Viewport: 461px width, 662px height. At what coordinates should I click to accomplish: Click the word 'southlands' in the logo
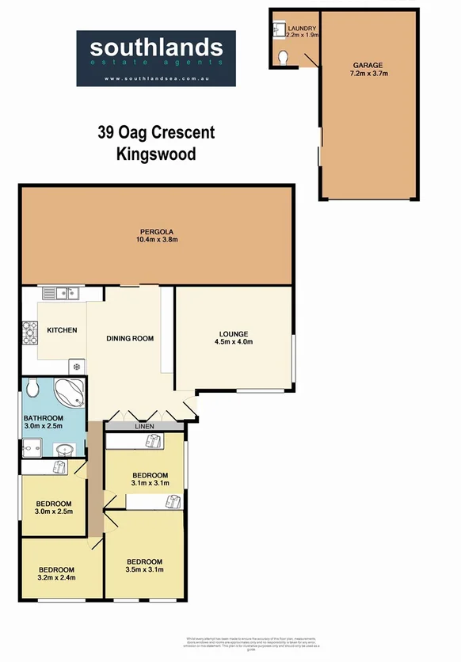tap(155, 48)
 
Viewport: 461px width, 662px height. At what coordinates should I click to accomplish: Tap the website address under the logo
tap(155, 78)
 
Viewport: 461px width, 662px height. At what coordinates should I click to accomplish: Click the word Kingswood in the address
tap(155, 154)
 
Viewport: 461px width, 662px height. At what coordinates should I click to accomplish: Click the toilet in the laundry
tap(284, 56)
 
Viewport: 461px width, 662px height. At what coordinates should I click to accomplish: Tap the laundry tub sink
tap(278, 29)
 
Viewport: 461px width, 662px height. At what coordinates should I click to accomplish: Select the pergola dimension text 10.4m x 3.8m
tap(156, 240)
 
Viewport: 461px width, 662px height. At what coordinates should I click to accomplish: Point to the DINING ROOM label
tap(130, 339)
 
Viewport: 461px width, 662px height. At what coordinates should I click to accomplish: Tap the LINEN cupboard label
tap(143, 426)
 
